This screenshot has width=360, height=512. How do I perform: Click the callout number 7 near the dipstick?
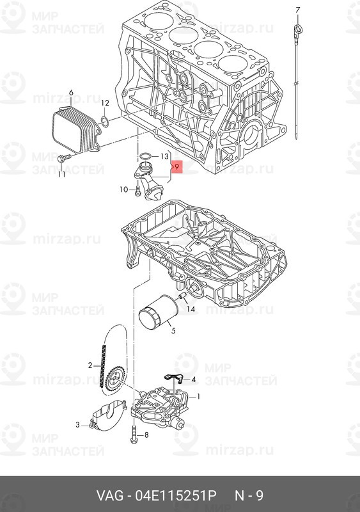[297, 10]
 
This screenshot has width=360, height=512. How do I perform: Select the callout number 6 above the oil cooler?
[71, 93]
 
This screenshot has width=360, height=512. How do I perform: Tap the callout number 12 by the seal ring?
[105, 103]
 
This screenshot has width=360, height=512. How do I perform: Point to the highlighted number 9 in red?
[176, 167]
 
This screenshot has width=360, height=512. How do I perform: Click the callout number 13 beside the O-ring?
[164, 157]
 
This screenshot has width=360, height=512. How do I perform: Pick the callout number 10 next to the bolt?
[123, 189]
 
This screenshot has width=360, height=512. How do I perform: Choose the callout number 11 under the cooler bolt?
[61, 174]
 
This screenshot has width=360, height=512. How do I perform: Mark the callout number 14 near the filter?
[191, 308]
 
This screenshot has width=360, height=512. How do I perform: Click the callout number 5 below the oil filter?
[173, 330]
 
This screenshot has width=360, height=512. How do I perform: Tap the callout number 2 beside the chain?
[90, 365]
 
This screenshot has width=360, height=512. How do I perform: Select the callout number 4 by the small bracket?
[193, 380]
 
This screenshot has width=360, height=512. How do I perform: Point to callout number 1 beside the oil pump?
[198, 397]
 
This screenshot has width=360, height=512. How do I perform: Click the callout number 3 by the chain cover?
[77, 425]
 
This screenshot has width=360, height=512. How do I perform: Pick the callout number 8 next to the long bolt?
[146, 435]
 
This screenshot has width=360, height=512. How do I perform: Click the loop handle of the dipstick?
[299, 29]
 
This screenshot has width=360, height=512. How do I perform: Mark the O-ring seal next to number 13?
[146, 156]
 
